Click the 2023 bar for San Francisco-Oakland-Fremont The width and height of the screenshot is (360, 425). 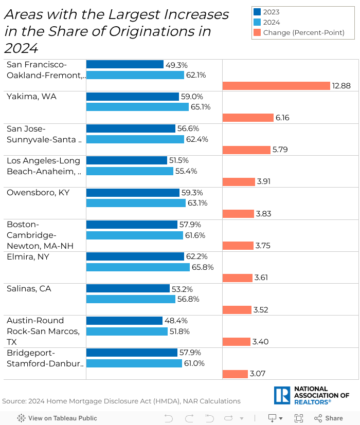tap(124, 65)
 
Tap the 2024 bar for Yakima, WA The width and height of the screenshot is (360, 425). tap(137, 107)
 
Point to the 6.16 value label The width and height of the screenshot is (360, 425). tap(282, 118)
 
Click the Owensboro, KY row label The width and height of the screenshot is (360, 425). tap(38, 193)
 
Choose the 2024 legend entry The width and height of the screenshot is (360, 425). tap(271, 22)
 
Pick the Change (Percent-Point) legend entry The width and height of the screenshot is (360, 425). tap(303, 32)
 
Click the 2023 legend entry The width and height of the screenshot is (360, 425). tap(271, 12)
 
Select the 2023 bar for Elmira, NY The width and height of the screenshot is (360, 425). tap(135, 256)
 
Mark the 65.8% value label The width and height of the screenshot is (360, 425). tap(203, 267)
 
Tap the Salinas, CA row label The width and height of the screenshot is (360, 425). tap(29, 288)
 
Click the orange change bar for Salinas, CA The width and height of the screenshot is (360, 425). tap(237, 310)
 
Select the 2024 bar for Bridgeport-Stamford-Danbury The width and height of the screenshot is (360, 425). tap(134, 363)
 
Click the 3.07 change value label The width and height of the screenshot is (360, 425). tap(258, 374)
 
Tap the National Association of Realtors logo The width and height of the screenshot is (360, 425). tap(312, 395)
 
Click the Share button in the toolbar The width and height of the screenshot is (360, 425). tap(329, 418)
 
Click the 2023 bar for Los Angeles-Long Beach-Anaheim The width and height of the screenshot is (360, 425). tap(127, 160)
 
